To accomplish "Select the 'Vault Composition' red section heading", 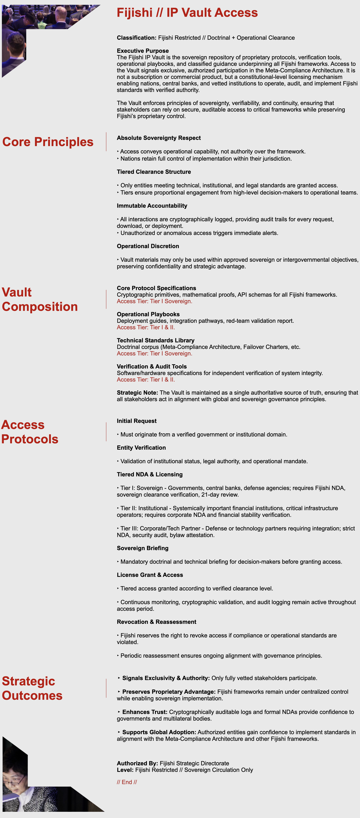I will click(40, 299).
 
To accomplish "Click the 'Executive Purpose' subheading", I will click(143, 51).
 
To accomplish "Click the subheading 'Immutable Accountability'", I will click(152, 206).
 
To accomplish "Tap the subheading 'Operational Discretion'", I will click(148, 246).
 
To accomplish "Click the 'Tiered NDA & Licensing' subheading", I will click(150, 474).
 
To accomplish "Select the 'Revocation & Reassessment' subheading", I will click(156, 622).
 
